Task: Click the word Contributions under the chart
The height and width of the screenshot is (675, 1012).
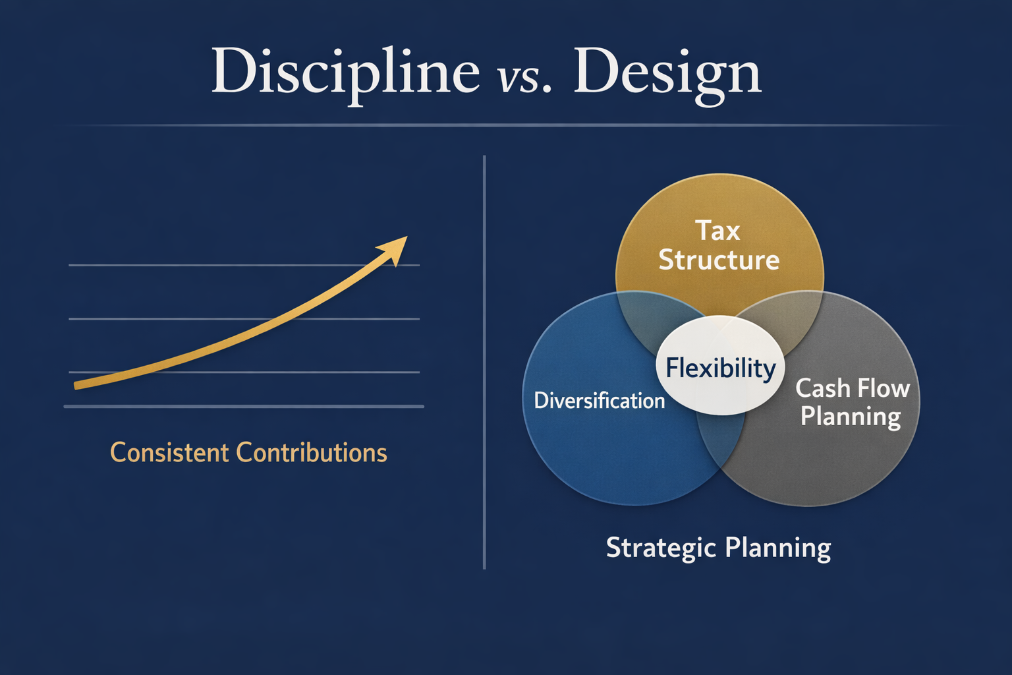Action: point(311,453)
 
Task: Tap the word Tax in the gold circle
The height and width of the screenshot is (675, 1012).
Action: point(717,231)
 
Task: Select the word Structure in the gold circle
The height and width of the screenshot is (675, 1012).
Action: point(719,260)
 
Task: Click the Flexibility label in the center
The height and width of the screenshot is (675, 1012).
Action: point(720,368)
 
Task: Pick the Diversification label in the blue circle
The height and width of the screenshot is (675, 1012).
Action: point(599,401)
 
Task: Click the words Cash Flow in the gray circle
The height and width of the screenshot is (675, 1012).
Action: point(853,388)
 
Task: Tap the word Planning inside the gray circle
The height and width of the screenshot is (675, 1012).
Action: point(850,417)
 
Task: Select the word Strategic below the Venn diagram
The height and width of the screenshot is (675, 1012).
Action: point(661,548)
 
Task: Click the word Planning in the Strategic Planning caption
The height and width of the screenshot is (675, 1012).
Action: point(777,548)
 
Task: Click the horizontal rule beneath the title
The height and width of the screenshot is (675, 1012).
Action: point(506,125)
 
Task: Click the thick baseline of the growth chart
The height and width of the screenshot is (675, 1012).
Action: point(244,407)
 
